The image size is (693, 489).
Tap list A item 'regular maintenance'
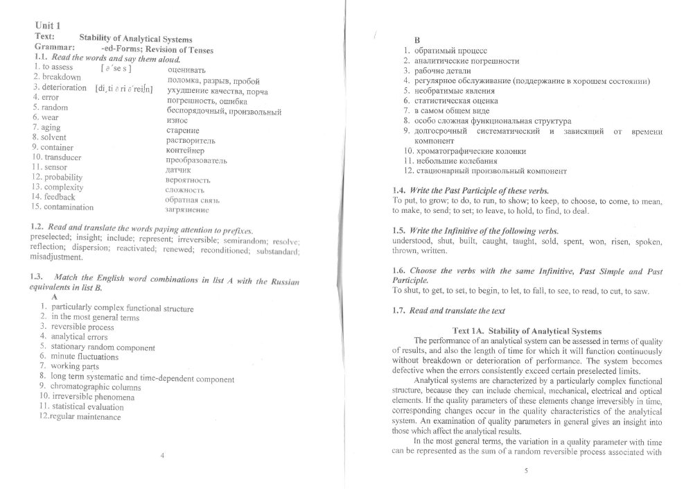[x=85, y=417]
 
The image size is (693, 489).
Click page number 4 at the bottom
[x=161, y=456]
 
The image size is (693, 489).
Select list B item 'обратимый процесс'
[x=453, y=51]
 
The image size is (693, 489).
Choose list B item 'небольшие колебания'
[x=458, y=160]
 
